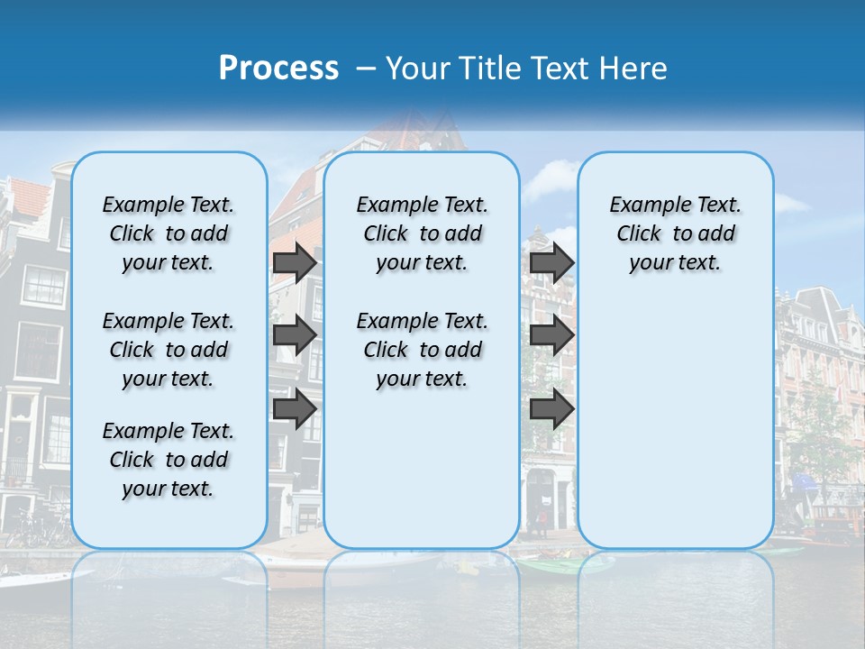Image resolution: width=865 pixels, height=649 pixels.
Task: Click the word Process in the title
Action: [x=278, y=69]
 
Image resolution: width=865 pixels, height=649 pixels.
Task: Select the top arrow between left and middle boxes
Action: [x=295, y=262]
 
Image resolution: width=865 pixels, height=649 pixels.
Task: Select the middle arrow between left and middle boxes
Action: [x=295, y=335]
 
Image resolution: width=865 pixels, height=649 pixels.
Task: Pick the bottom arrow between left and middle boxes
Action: [x=295, y=408]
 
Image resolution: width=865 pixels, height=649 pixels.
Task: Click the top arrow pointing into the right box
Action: [x=551, y=262]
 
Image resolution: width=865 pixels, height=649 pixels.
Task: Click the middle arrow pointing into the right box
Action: [x=551, y=335]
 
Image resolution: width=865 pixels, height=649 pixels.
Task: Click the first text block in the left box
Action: [x=168, y=233]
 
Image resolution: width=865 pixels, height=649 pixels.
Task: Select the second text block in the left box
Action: [x=168, y=350]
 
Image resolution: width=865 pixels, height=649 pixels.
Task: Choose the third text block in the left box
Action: [x=168, y=460]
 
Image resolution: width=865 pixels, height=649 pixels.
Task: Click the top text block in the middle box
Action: [x=422, y=233]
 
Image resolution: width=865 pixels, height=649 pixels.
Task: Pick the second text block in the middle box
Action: [x=422, y=350]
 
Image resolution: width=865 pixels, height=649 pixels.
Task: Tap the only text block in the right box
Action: [x=675, y=233]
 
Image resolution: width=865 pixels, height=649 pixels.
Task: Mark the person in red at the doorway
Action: [x=542, y=521]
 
